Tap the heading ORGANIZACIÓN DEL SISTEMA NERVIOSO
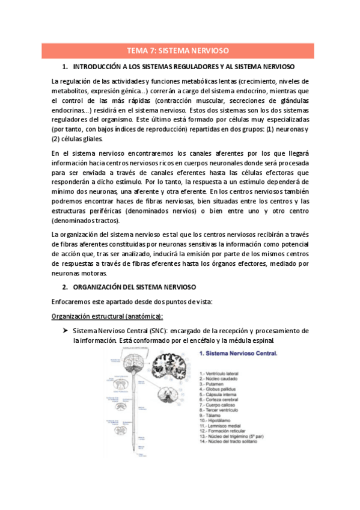(x=138, y=287)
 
